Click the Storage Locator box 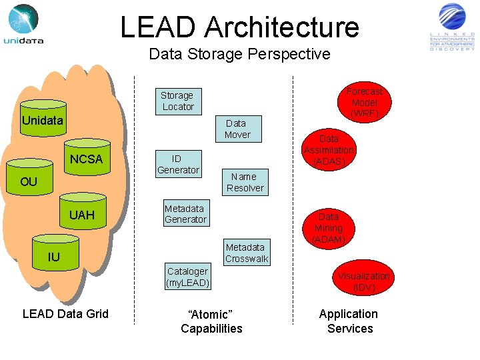(177, 101)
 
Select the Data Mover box (237, 129)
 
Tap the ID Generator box (177, 164)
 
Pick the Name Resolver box (245, 182)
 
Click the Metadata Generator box (185, 214)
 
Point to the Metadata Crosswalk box (246, 253)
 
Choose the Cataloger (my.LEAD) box (188, 277)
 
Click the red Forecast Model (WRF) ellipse (364, 102)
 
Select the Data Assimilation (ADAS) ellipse (329, 150)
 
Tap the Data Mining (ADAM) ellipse (328, 228)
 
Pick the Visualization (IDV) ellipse (363, 281)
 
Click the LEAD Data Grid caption (65, 313)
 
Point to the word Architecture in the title (281, 27)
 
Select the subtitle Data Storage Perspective (239, 54)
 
